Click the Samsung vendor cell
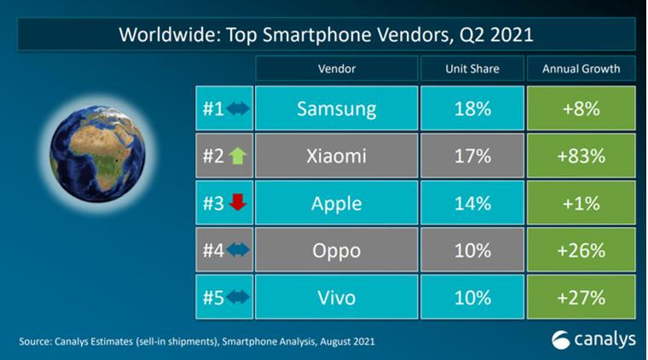pos(336,108)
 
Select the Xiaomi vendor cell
pos(336,156)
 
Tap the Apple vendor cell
pos(336,204)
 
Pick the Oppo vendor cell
pos(336,251)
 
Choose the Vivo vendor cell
pos(336,298)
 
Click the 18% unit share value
pos(472,108)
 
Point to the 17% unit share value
pos(472,156)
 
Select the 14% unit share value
pos(472,204)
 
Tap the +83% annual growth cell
pos(581,156)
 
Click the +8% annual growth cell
pos(581,108)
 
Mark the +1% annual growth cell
pos(581,204)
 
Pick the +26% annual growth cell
pos(581,251)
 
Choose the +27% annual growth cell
pos(581,298)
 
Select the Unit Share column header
pos(472,68)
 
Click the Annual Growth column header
pos(581,68)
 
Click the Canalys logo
pos(592,339)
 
